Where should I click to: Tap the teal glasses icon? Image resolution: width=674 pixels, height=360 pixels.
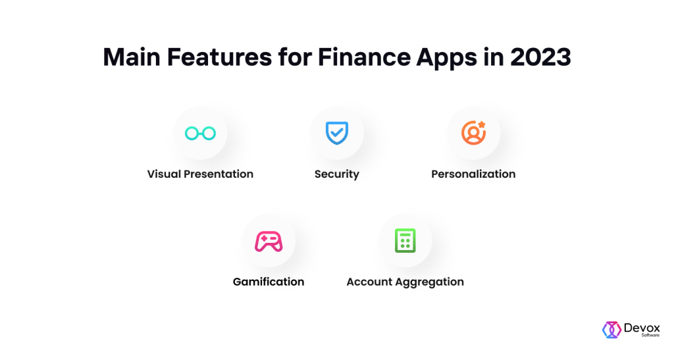(200, 134)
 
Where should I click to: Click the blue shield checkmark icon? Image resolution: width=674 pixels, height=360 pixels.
(337, 133)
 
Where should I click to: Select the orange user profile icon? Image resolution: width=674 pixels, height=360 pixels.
(473, 133)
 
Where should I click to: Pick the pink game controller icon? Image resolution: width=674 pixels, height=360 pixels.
(269, 242)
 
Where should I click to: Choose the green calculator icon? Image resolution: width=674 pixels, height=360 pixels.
(405, 241)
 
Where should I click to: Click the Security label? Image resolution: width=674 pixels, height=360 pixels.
(337, 174)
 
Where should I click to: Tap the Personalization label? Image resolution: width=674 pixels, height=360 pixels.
(473, 174)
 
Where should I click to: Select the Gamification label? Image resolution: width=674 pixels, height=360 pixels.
(269, 282)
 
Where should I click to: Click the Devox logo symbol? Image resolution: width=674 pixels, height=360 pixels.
(611, 330)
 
